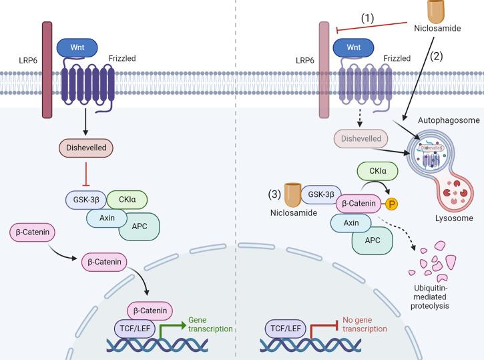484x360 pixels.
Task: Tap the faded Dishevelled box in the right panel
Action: [x=359, y=139]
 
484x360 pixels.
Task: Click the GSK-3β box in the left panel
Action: [x=84, y=198]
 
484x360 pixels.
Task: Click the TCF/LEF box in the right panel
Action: [x=286, y=327]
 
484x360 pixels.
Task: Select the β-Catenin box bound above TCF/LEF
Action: [x=151, y=311]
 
